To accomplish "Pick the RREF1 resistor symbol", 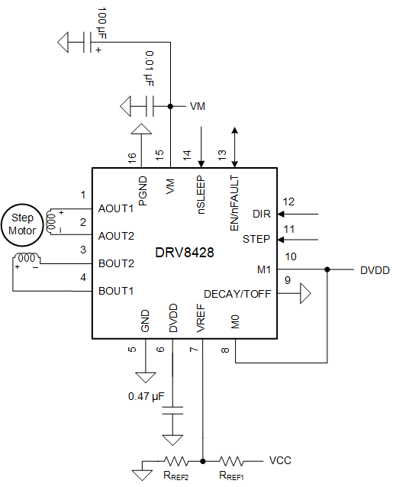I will [231, 461].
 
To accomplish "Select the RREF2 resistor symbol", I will [175, 461].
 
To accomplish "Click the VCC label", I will [280, 461].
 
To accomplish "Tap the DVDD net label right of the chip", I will [375, 269].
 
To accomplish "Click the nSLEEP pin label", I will [201, 195].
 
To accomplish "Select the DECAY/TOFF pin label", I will [237, 293].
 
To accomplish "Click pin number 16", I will [133, 157].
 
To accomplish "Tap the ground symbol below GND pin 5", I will [143, 377].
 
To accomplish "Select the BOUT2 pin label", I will [116, 263].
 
